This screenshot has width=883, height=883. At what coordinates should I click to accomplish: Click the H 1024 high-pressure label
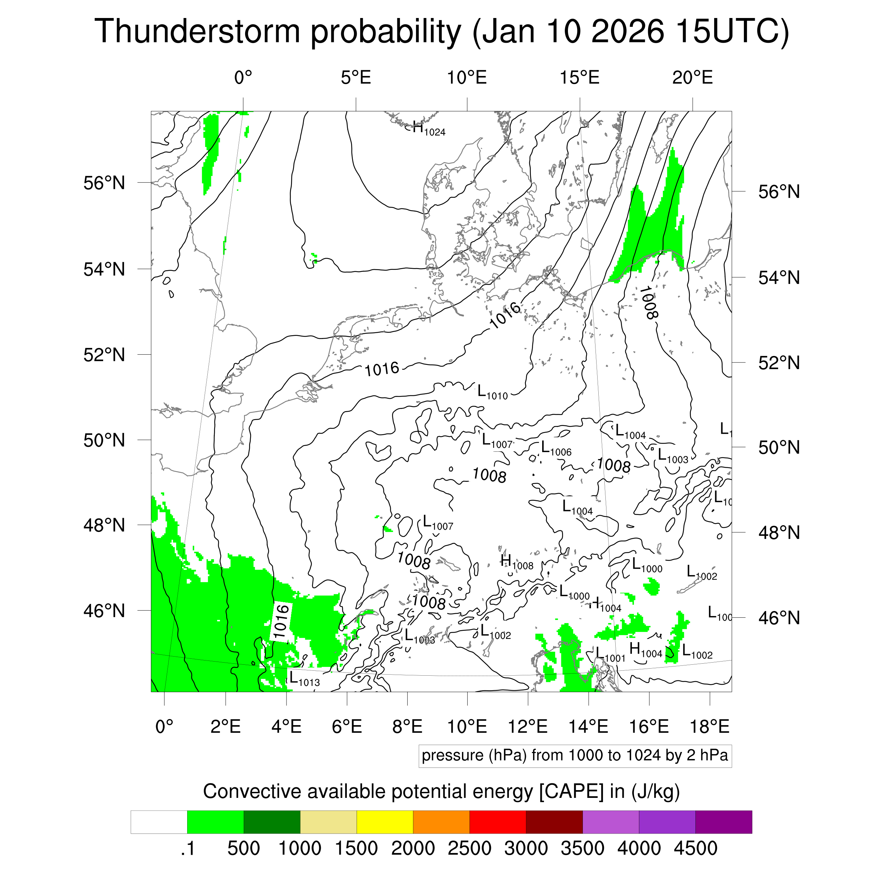pyautogui.click(x=428, y=129)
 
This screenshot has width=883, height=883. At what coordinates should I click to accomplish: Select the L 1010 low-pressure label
pyautogui.click(x=492, y=393)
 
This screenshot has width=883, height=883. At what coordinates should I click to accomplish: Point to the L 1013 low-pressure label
pyautogui.click(x=304, y=679)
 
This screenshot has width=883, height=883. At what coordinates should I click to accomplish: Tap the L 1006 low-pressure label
pyautogui.click(x=556, y=449)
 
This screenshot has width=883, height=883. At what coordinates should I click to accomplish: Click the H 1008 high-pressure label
pyautogui.click(x=516, y=563)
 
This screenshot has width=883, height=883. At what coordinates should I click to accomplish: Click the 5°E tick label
pyautogui.click(x=356, y=78)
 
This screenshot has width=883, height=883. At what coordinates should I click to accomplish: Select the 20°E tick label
pyautogui.click(x=692, y=78)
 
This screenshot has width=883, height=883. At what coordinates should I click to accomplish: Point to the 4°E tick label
pyautogui.click(x=286, y=726)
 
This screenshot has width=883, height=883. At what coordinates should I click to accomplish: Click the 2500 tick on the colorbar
pyautogui.click(x=469, y=848)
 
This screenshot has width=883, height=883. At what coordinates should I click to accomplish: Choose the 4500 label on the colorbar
pyautogui.click(x=695, y=848)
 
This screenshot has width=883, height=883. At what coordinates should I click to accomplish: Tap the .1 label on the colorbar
pyautogui.click(x=188, y=848)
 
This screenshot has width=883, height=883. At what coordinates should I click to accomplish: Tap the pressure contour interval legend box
pyautogui.click(x=575, y=755)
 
